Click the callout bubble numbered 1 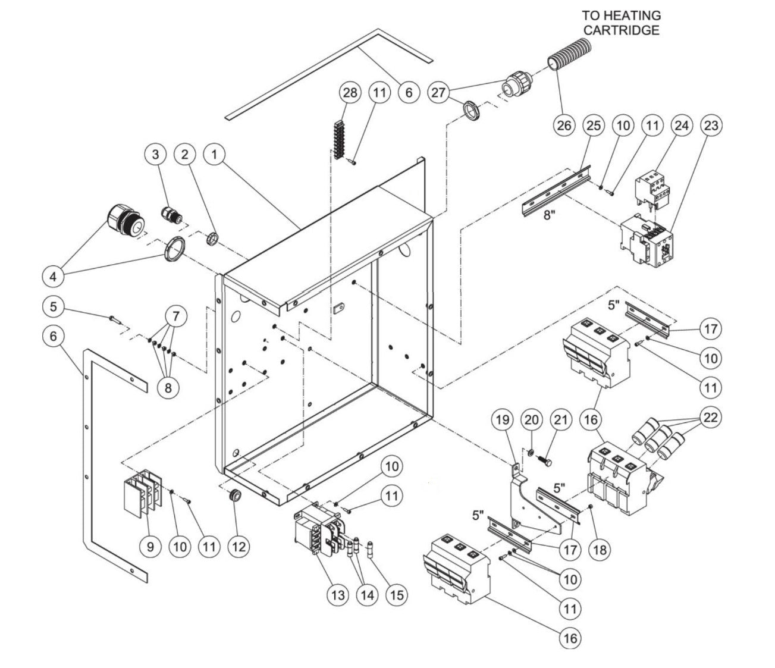tap(215, 154)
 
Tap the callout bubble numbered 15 tap(396, 595)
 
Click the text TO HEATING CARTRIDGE tap(621, 23)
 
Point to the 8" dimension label tap(549, 214)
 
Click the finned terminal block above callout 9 tap(141, 494)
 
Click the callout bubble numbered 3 tap(156, 154)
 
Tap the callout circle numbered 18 tap(600, 549)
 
